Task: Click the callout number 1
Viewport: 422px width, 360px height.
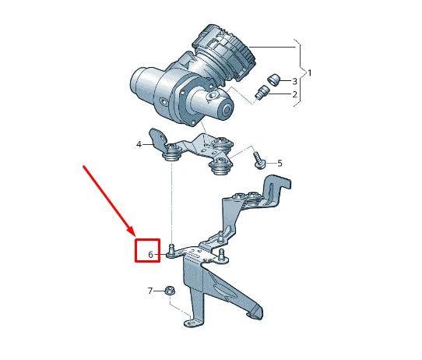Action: point(309,72)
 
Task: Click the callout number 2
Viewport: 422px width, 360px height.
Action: point(295,94)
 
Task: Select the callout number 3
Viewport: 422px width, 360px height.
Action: point(295,81)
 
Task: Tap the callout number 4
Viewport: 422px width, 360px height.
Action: point(139,144)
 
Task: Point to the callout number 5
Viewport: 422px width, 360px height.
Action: point(280,163)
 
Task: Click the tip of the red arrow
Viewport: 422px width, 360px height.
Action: point(134,234)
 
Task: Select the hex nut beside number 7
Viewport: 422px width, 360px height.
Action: point(169,291)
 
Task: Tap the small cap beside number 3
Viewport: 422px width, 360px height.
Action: point(273,79)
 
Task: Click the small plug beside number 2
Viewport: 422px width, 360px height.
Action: point(262,95)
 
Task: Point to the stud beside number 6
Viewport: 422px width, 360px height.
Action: point(171,251)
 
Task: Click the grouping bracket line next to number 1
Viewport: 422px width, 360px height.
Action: point(301,70)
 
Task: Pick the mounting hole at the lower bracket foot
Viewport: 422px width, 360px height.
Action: point(189,323)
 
